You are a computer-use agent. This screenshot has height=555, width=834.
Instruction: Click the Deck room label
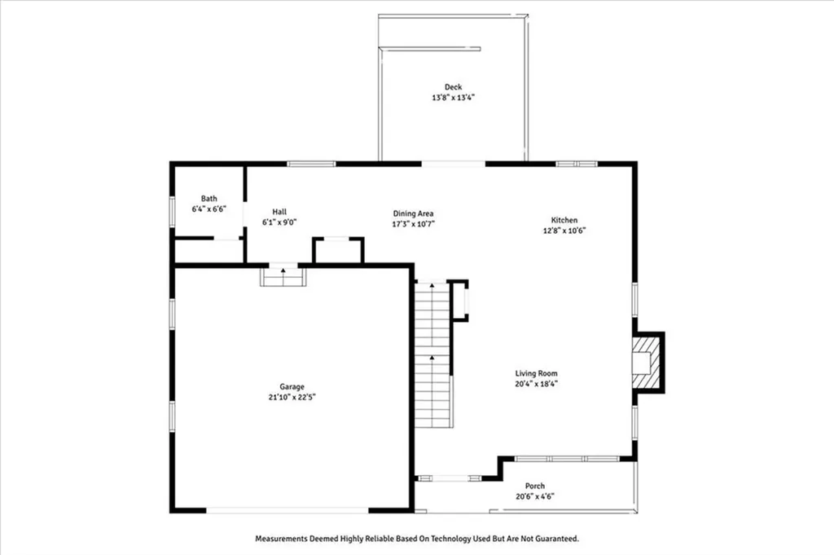[x=453, y=87]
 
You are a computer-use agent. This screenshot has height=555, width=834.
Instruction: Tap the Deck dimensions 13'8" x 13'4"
[x=453, y=98]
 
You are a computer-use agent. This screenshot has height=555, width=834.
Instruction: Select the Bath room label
[x=209, y=199]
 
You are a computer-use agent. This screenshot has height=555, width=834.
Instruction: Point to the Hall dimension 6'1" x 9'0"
[x=279, y=222]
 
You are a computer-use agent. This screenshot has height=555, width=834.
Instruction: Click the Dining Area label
[x=414, y=214]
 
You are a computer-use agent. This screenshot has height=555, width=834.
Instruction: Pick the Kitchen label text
[x=564, y=220]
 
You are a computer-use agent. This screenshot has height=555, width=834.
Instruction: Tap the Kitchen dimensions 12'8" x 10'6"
[x=564, y=231]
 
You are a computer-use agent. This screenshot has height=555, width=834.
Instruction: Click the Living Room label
[x=535, y=373]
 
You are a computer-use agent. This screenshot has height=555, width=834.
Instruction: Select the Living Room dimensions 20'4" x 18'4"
[x=535, y=384]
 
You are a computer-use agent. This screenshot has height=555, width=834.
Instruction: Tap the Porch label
[x=535, y=486]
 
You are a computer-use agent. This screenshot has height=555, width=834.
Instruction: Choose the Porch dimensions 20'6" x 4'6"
[x=535, y=496]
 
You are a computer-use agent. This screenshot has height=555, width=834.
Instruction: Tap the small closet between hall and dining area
[x=338, y=250]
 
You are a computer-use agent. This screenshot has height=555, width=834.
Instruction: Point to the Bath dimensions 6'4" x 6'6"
[x=209, y=209]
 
